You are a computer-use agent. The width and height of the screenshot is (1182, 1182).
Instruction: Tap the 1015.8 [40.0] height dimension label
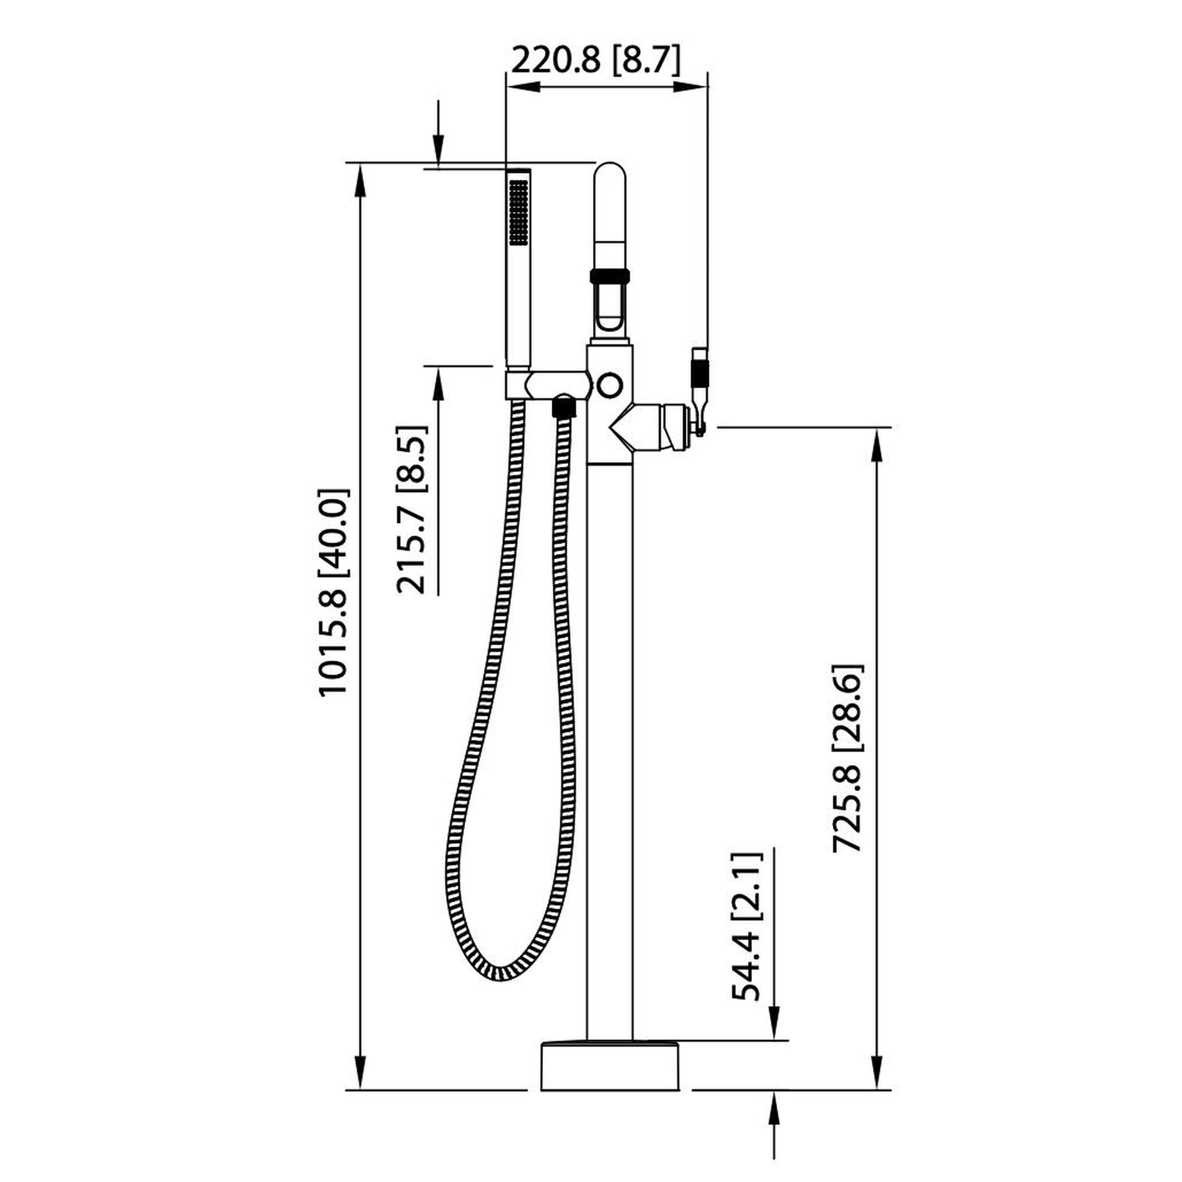(334, 591)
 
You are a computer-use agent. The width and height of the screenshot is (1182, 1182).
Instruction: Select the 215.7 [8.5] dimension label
(412, 509)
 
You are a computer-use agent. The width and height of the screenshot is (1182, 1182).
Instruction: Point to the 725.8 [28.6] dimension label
(848, 757)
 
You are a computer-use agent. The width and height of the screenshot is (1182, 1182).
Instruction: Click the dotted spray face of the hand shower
(519, 212)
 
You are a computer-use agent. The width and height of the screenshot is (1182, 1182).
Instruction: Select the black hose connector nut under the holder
(564, 406)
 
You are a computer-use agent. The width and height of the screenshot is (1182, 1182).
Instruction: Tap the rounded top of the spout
(610, 177)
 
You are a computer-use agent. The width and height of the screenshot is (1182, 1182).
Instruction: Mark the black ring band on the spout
(609, 275)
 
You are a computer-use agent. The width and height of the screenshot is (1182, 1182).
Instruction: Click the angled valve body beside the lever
(649, 426)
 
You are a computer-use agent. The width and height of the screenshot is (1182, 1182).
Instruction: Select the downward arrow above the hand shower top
(438, 150)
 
